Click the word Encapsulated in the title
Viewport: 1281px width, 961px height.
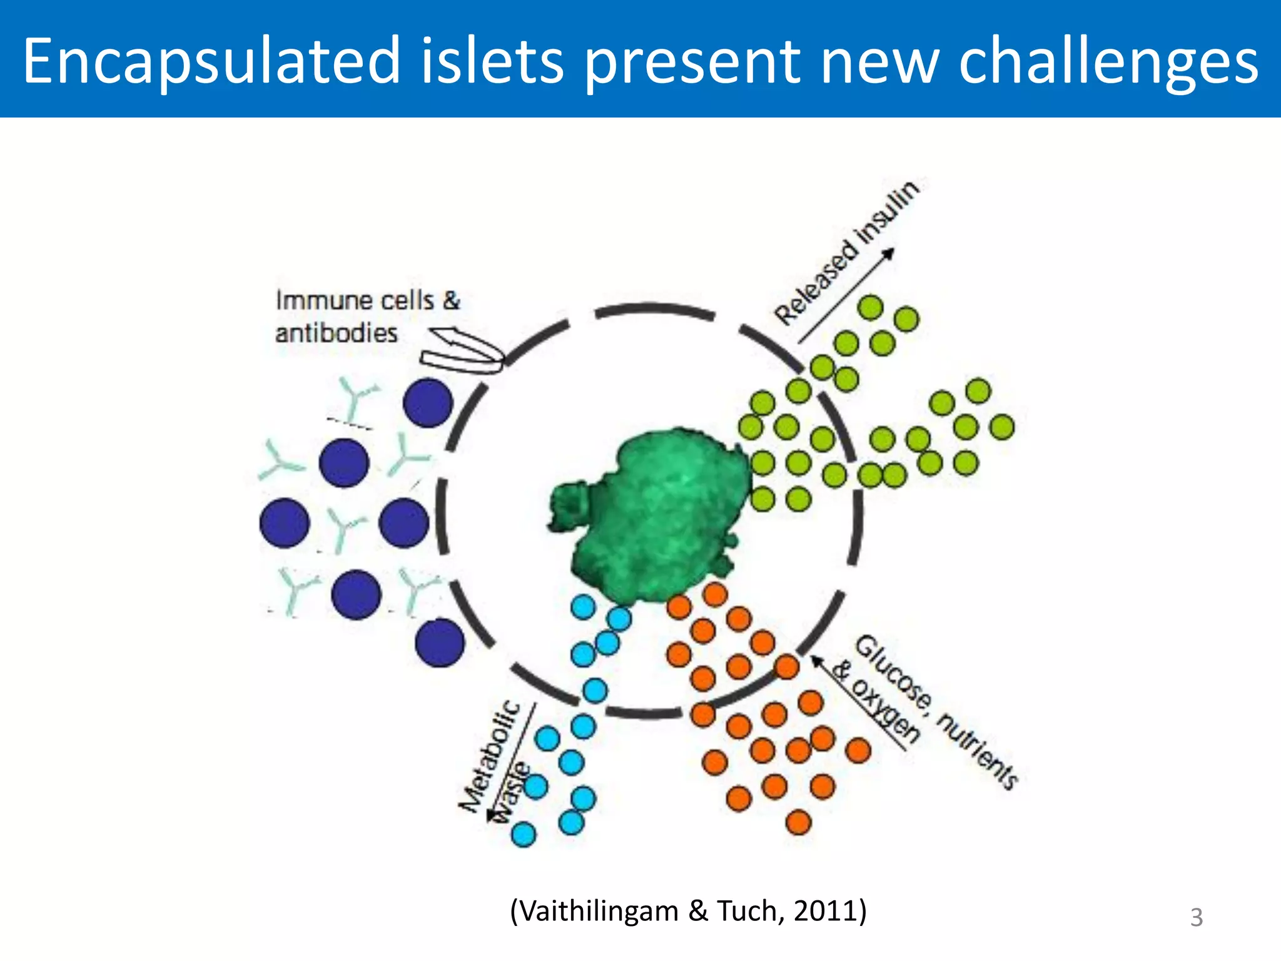click(211, 61)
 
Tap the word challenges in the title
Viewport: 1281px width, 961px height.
click(1108, 61)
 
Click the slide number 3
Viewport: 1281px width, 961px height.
click(1196, 917)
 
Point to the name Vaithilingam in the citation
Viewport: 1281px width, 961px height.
click(599, 911)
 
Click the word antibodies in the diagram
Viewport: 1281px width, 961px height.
click(337, 333)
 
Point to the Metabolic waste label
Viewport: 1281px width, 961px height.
click(494, 760)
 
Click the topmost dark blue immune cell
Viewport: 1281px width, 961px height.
click(428, 403)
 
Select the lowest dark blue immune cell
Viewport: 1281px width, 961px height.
click(440, 642)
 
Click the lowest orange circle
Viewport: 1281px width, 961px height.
click(798, 822)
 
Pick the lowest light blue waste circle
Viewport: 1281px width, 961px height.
click(524, 834)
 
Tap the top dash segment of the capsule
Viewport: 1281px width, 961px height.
click(654, 311)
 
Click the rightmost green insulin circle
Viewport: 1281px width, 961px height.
click(1002, 427)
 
